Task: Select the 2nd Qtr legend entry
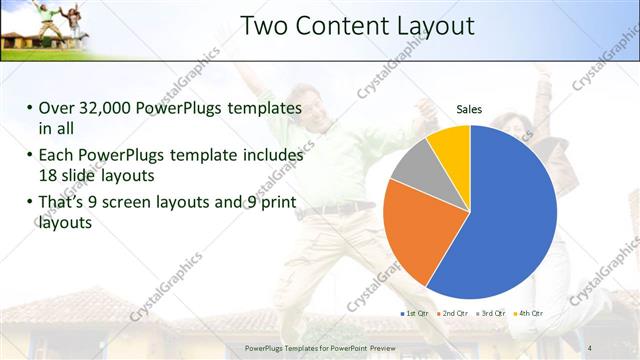click(x=451, y=313)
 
